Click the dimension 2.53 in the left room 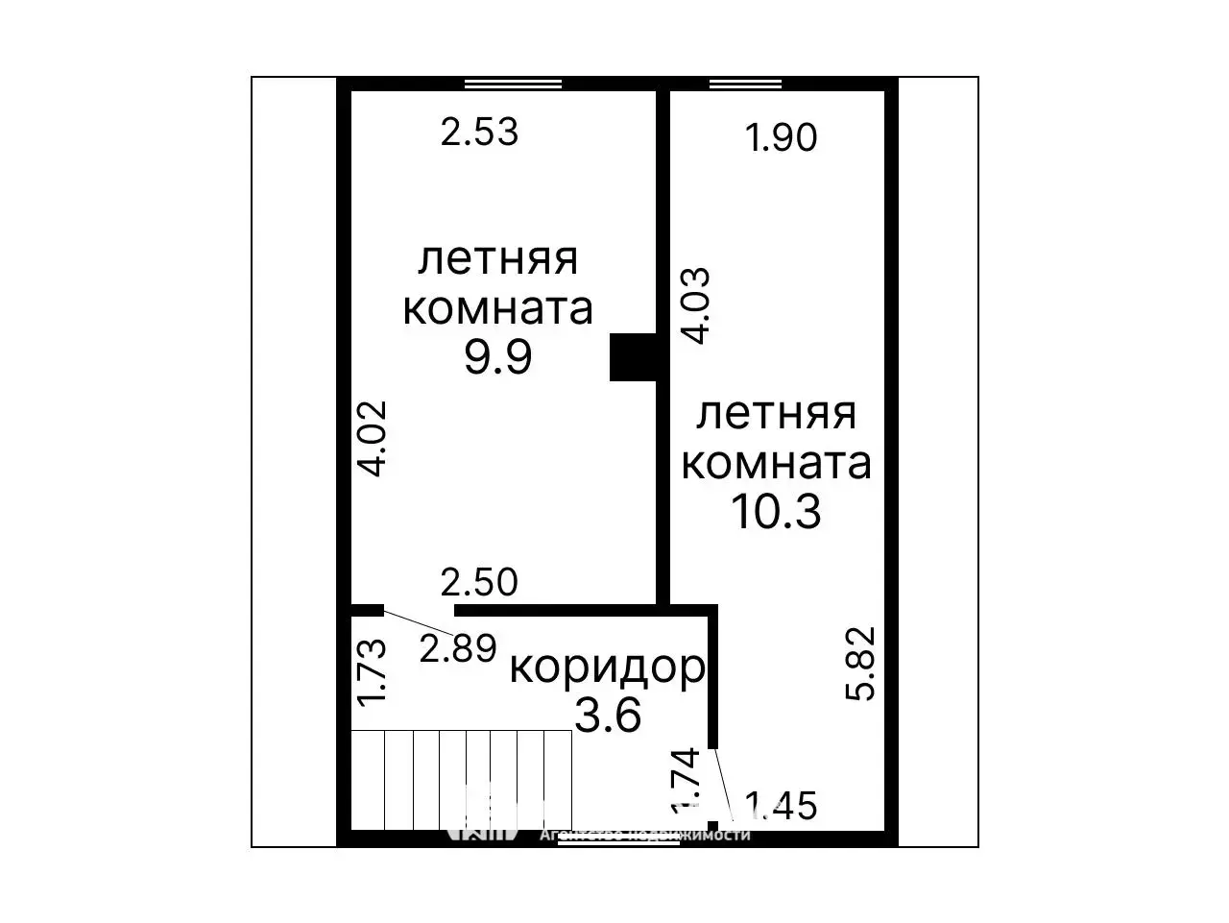click(x=479, y=132)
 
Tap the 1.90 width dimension click(x=782, y=138)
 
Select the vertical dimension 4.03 click(x=694, y=305)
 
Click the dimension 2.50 click(x=478, y=582)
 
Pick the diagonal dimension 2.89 click(x=458, y=648)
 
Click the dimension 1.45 click(x=780, y=806)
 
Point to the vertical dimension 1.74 click(x=686, y=779)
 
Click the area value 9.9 click(x=497, y=358)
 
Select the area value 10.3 click(x=776, y=512)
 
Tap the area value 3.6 click(x=607, y=714)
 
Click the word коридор click(x=607, y=668)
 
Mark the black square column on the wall click(x=633, y=357)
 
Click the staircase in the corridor click(x=462, y=780)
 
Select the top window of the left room click(x=513, y=85)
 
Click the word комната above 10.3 click(x=776, y=463)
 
